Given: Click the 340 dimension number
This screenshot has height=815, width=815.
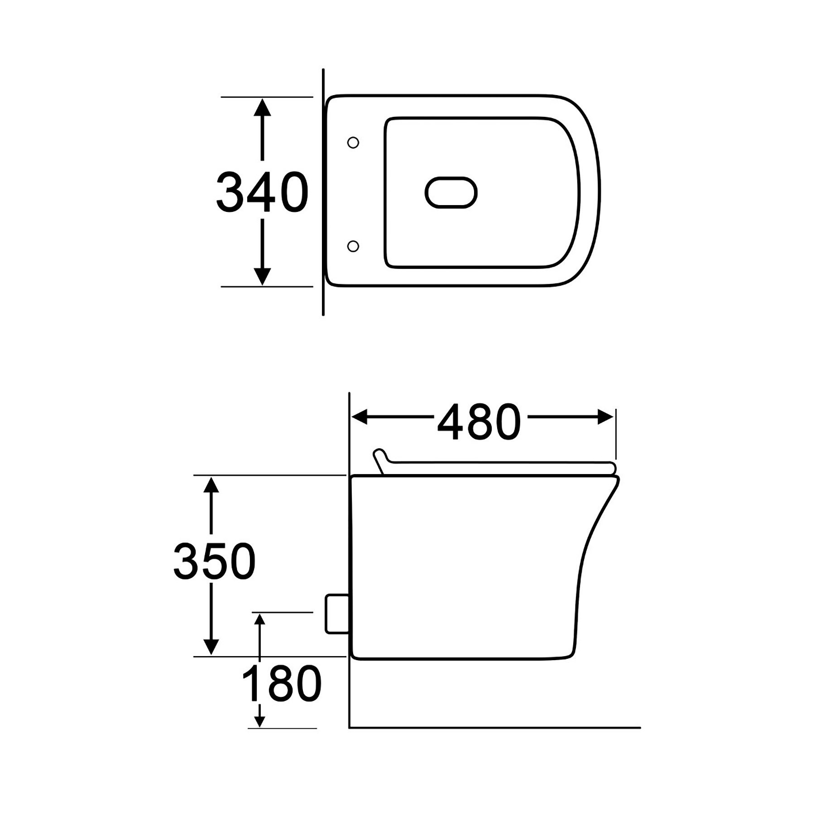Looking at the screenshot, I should (262, 192).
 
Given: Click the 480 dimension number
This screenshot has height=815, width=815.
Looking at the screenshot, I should (479, 422).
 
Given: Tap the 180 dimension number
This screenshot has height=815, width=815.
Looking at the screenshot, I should (282, 684).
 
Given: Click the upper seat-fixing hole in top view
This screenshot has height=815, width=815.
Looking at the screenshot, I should (353, 143).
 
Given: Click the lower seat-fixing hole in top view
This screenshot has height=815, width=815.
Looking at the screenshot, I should (353, 246).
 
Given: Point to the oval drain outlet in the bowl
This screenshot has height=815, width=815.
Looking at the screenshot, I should (451, 192).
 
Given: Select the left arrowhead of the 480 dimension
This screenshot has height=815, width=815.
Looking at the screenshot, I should (360, 417).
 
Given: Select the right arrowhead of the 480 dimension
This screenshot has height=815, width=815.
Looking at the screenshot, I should (605, 417).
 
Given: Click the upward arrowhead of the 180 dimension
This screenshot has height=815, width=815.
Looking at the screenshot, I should (259, 619).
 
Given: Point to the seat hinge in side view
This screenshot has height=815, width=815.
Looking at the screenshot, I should (379, 460).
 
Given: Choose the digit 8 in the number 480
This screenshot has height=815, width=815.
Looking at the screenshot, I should (479, 422).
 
